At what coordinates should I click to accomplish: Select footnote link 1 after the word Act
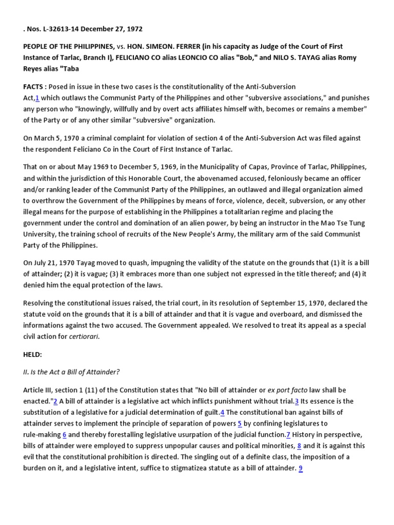click(x=37, y=98)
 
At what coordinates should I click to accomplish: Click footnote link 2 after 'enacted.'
click(x=55, y=401)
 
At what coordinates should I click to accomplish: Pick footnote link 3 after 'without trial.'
click(x=297, y=401)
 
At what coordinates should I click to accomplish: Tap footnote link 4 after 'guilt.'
click(x=222, y=413)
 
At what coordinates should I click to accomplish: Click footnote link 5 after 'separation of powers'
click(x=240, y=424)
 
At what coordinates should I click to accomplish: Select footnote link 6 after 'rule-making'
click(x=65, y=435)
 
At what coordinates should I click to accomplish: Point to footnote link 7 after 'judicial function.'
click(x=288, y=435)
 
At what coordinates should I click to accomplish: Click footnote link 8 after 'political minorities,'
click(x=299, y=446)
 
